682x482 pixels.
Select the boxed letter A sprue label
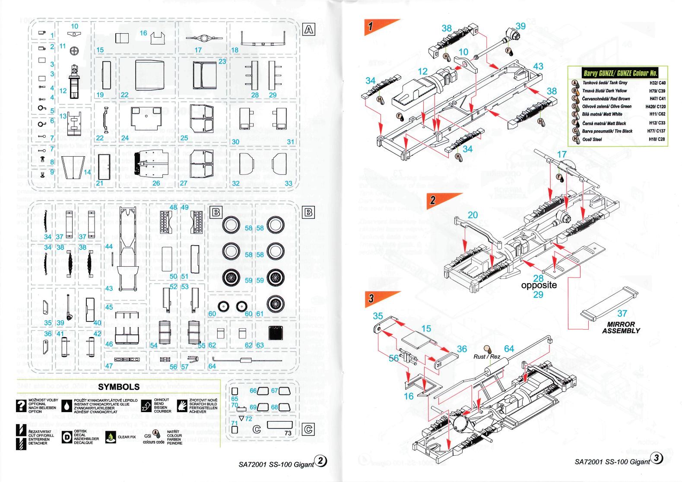[x=309, y=29]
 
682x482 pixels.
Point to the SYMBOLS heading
[x=119, y=387]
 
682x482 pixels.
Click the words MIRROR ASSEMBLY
[x=621, y=328]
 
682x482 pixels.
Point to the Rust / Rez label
[x=487, y=356]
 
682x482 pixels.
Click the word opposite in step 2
[x=539, y=285]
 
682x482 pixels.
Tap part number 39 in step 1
[x=520, y=26]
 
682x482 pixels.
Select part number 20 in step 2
[x=473, y=215]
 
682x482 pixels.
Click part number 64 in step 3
[x=509, y=349]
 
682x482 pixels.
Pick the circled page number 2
[x=321, y=461]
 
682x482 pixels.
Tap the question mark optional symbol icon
[x=20, y=406]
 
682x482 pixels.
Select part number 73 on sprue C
[x=288, y=433]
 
